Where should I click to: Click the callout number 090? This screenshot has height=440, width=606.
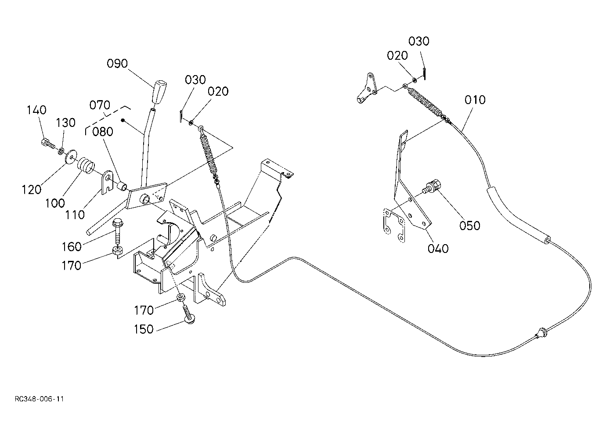pos(117,64)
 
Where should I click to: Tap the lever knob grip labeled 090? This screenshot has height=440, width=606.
pos(159,91)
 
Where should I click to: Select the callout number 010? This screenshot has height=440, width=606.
pos(475,100)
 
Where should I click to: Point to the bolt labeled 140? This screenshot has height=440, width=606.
pos(47,144)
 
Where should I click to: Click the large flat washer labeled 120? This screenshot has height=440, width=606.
pos(71,156)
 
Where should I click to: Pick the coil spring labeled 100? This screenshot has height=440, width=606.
pos(87,166)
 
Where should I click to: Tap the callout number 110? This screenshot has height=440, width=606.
pos(75,215)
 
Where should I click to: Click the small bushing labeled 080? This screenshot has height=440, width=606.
pos(122,186)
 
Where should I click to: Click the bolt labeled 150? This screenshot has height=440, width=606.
pos(188,315)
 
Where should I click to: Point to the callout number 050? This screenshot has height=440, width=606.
pos(470,225)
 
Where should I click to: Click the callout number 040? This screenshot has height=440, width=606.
pos(438,248)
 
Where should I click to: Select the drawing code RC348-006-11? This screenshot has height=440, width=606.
pos(39,399)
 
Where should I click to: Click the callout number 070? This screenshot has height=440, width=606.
pos(100,105)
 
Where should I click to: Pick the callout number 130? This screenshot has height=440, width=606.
pos(65,123)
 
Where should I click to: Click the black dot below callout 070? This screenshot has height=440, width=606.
pos(123,120)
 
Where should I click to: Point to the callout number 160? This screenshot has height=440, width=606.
pos(72,246)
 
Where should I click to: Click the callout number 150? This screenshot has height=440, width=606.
pos(144,329)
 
